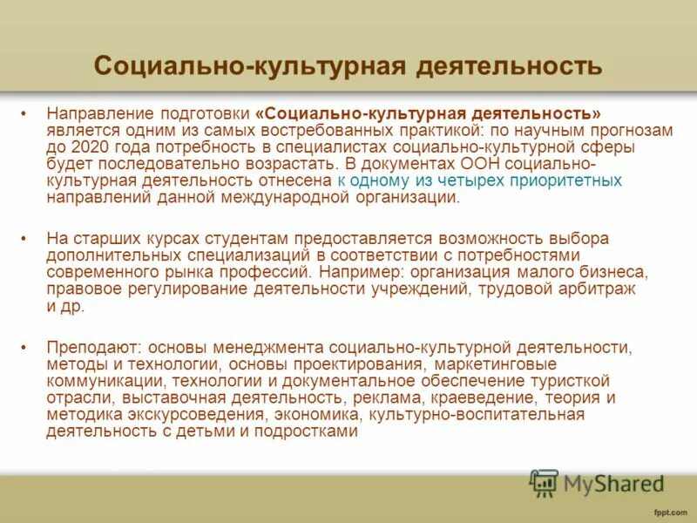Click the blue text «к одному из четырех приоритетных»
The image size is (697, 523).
point(479,180)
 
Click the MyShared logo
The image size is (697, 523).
point(596,482)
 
